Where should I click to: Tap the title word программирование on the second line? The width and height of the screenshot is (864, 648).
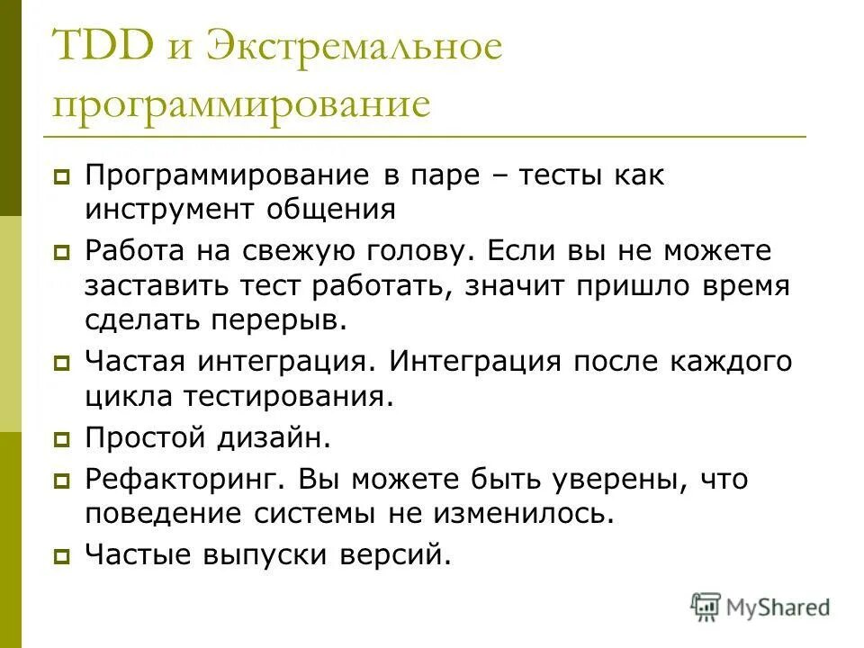point(241,105)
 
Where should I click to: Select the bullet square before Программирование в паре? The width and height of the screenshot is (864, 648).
point(61,176)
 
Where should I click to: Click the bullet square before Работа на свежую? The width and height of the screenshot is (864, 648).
point(61,254)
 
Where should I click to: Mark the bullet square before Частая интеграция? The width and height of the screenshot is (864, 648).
point(61,364)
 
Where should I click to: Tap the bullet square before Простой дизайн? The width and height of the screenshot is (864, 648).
point(61,440)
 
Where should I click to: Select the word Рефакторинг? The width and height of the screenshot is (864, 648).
point(180,480)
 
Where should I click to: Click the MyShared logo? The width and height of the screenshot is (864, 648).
point(761,607)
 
